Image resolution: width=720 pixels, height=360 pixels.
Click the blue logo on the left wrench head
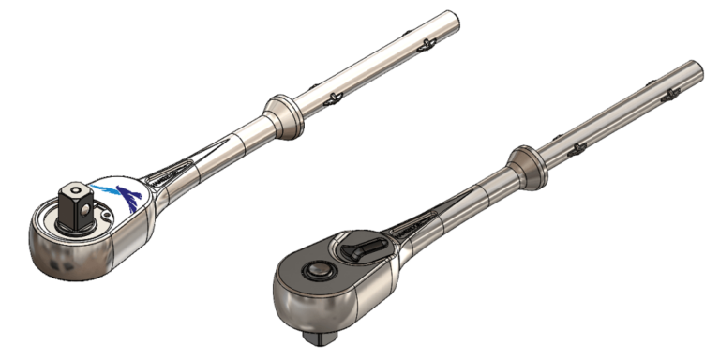(129, 195)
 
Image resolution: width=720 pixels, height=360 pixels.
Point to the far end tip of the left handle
(454, 19)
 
